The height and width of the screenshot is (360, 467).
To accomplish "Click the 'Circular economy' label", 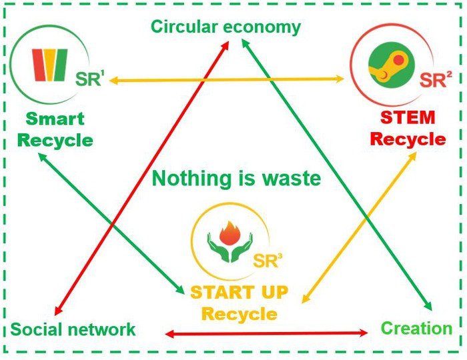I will coord(225,27).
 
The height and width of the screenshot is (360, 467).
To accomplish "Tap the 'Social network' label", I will coord(73,329).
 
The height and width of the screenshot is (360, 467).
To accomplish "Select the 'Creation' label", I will coord(416,328).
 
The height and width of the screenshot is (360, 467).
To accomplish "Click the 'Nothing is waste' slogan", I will coord(237,179).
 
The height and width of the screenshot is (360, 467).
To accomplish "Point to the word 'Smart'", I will coord(55,119).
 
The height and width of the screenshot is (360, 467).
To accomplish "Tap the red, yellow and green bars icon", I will coord(49,65).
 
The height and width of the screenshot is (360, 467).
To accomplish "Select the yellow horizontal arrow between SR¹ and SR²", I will coord(227,80).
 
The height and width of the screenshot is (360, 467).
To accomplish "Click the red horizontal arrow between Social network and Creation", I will coord(267,332).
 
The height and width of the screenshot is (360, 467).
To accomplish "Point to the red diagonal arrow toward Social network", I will coord(133,193).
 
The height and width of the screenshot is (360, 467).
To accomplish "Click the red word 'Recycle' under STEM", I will coord(407,139).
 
